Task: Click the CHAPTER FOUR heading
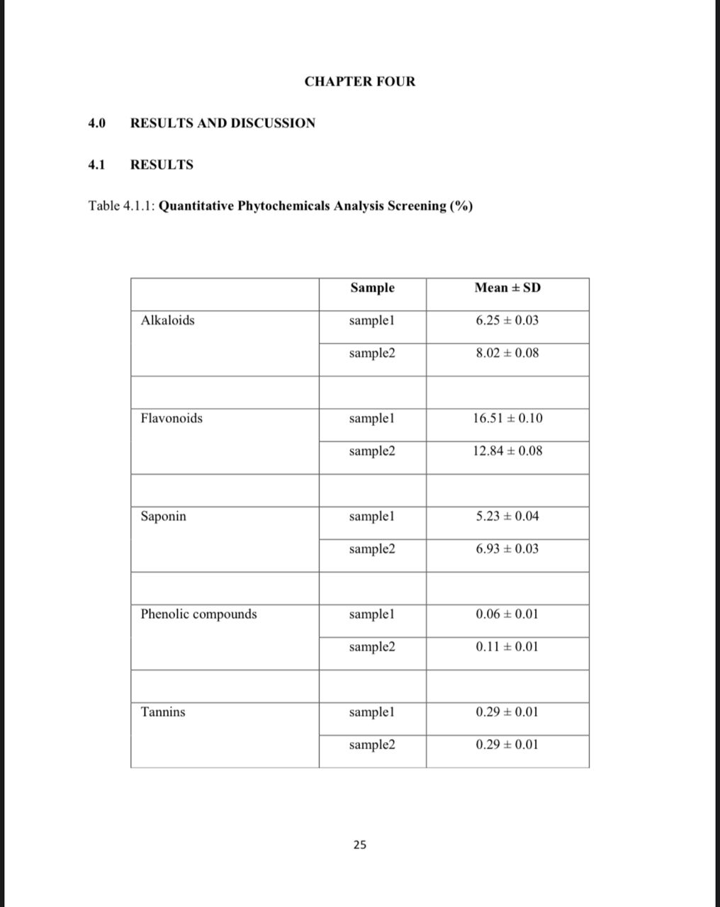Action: point(360,81)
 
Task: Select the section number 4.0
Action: point(96,123)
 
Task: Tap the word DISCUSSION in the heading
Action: point(273,123)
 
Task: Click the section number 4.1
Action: point(96,165)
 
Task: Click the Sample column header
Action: point(372,288)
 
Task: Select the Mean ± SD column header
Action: point(507,288)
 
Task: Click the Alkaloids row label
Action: point(167,320)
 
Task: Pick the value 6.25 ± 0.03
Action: point(507,320)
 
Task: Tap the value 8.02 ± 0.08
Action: point(507,353)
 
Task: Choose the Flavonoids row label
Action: point(171,418)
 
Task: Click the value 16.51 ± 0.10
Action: point(507,418)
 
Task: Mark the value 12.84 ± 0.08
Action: point(507,451)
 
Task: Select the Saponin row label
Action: point(164,516)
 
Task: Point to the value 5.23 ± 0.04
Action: point(507,516)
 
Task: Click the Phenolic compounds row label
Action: point(198,614)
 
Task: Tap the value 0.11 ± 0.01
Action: point(507,646)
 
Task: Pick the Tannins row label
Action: point(163,711)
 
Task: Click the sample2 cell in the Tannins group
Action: point(372,744)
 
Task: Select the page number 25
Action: point(360,845)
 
